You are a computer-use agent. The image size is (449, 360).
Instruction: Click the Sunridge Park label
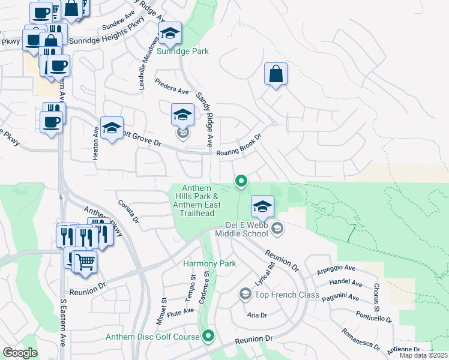tap(182, 51)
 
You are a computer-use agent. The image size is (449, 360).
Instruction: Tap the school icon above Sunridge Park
tap(170, 35)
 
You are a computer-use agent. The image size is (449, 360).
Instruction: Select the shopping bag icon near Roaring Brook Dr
tap(276, 74)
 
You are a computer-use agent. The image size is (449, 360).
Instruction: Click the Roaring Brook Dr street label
tap(240, 146)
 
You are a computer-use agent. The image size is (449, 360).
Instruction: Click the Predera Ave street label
tap(172, 86)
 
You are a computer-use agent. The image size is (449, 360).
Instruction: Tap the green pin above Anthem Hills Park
tap(241, 180)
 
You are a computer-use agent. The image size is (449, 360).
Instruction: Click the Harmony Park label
tap(210, 263)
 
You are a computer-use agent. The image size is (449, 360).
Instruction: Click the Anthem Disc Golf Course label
tap(152, 337)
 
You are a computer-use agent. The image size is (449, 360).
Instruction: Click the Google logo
tap(20, 353)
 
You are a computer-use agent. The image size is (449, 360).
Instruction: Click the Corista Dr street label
tap(128, 212)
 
